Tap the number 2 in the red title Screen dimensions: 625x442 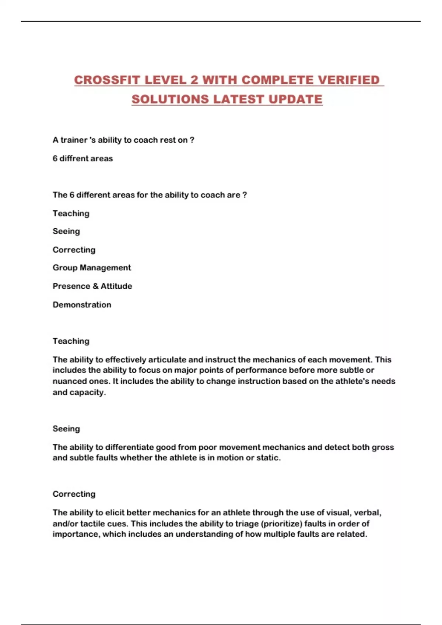coord(194,80)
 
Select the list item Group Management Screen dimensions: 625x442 coord(92,268)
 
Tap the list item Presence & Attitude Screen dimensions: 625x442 coord(92,286)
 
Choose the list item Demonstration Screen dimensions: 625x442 coord(82,305)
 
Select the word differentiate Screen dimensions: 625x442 coord(129,447)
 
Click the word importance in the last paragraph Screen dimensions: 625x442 coord(76,534)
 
